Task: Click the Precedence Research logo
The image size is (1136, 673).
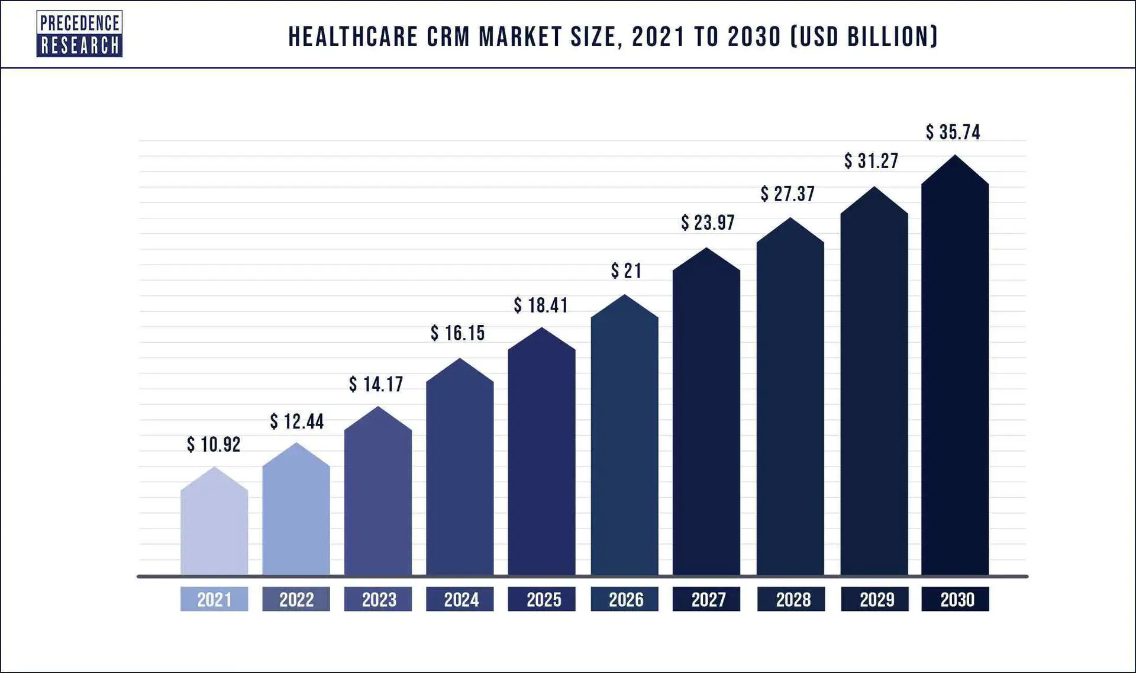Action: (x=79, y=34)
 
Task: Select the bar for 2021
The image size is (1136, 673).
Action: (x=214, y=527)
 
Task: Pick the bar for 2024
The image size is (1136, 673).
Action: (x=460, y=474)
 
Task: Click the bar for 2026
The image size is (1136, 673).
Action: (x=624, y=444)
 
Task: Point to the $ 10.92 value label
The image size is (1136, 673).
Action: (x=214, y=445)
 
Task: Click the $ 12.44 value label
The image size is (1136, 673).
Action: (x=297, y=421)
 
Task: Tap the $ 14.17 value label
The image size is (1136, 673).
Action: (x=376, y=385)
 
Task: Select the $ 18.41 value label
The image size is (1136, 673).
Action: (x=541, y=305)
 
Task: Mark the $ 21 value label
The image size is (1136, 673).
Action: (x=626, y=271)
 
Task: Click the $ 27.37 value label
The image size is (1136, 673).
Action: (x=788, y=194)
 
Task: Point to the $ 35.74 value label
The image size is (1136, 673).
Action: (x=953, y=132)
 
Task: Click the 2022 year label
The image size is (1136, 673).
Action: (x=296, y=600)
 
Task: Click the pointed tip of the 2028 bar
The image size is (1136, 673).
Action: (x=790, y=220)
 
